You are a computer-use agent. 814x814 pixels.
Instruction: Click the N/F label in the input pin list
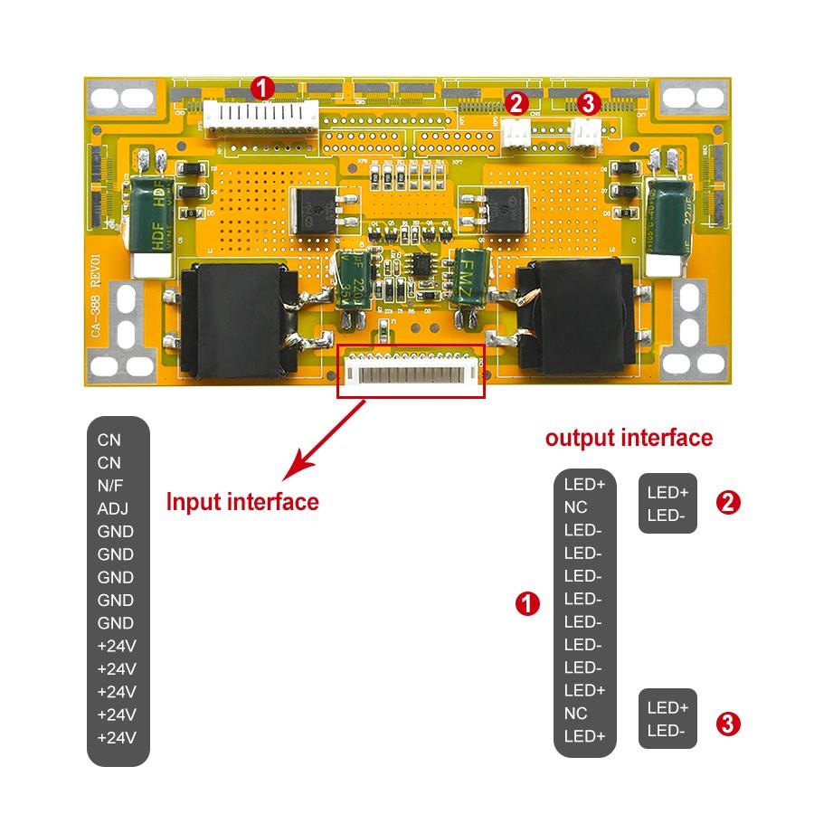coord(109,486)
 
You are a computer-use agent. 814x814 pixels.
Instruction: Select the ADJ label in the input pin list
coord(110,508)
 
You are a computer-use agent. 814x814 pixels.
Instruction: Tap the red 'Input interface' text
coord(242,501)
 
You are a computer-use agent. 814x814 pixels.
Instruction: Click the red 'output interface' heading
coord(629,439)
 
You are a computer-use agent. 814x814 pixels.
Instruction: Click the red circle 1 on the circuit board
coord(262,88)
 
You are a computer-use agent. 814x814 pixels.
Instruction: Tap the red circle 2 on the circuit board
coord(516,103)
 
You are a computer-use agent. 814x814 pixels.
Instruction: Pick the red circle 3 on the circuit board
coord(588,103)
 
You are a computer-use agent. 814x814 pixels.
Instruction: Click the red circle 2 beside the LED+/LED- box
coord(728,503)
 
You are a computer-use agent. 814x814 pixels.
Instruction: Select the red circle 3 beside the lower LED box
coord(728,724)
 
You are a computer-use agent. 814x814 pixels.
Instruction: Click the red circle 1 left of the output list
coord(527,604)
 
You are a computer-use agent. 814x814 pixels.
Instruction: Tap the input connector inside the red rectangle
coord(412,371)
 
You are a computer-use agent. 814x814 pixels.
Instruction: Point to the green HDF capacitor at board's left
coord(151,212)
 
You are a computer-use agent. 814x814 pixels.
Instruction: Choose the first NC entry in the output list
coord(575,506)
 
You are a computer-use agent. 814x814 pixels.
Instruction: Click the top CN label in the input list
coord(109,440)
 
